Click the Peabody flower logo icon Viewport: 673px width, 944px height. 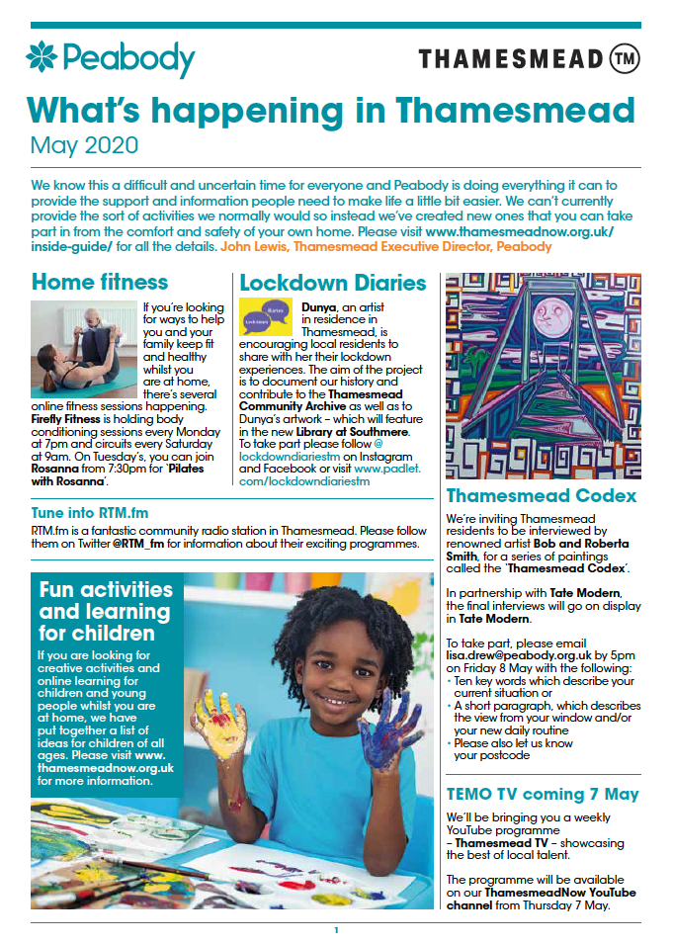point(42,58)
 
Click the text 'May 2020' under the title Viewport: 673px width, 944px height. point(84,145)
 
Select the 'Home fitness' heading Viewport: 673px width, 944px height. point(100,282)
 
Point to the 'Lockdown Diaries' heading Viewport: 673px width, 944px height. point(333,283)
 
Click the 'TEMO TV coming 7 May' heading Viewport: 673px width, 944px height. point(543,794)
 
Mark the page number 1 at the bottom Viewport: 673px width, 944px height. point(336,930)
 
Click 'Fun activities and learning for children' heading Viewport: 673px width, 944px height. point(105,611)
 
